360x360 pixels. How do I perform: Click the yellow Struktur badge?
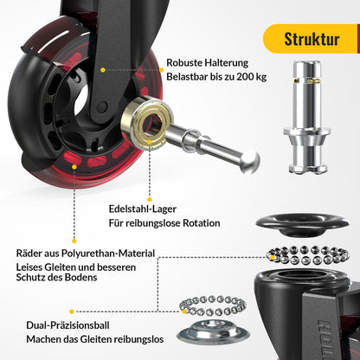tap(311, 39)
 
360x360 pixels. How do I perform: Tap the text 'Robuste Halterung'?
tap(207, 62)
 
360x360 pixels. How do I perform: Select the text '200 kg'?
tap(252, 77)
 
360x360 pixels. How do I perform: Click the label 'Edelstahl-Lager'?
tap(143, 209)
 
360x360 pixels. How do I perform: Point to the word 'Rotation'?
tap(202, 223)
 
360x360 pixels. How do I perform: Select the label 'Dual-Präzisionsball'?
tap(67, 325)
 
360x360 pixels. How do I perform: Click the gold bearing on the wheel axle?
tap(145, 122)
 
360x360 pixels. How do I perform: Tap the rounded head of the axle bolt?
tap(250, 161)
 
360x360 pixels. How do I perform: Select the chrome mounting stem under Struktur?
tap(306, 117)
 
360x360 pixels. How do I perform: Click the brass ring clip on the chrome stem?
tap(312, 81)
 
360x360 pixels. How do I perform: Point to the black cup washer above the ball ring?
tap(302, 224)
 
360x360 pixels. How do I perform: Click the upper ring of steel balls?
tap(308, 255)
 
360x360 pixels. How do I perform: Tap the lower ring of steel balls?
tap(213, 305)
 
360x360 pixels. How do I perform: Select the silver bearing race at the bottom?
tap(213, 331)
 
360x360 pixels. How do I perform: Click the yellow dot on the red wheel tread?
tap(74, 167)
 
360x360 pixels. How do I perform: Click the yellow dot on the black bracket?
tap(103, 70)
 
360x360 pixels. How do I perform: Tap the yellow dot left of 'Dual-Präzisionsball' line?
tap(72, 312)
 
